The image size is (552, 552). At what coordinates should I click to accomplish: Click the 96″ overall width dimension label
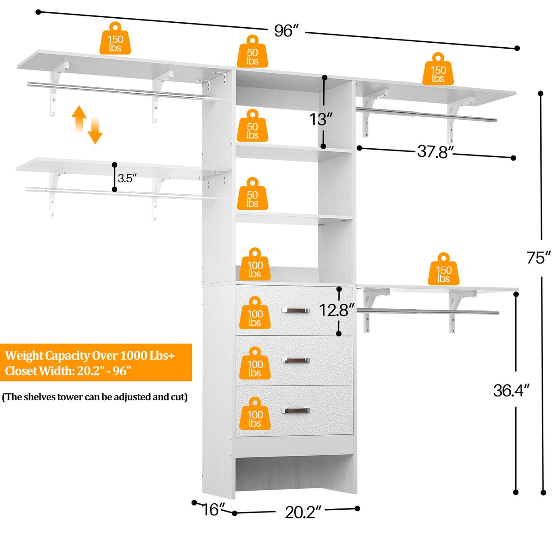286,30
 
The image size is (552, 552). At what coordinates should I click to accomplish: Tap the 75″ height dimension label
539,257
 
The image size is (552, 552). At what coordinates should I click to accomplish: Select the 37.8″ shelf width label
435,151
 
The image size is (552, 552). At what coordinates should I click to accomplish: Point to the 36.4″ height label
512,390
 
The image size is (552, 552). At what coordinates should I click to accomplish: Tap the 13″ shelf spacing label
321,119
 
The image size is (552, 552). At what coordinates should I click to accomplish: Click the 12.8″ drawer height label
336,310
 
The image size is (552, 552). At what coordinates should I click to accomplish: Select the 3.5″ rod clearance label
127,178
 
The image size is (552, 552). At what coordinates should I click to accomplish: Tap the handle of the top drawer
295,311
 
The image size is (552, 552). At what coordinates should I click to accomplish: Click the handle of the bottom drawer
295,411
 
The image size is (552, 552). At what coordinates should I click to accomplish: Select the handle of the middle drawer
295,361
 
